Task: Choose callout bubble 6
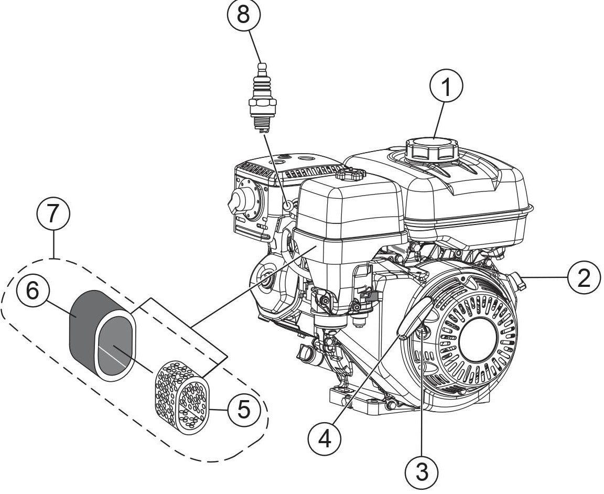coord(33,292)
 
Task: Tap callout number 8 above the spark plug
coord(244,15)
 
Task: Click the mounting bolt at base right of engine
coord(391,405)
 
